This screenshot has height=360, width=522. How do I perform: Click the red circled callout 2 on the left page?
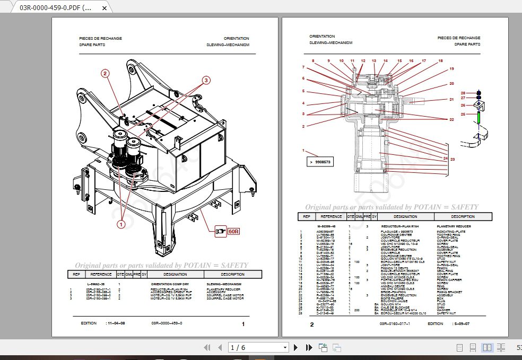pos(106,74)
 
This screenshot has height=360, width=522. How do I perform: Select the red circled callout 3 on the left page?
pos(206,80)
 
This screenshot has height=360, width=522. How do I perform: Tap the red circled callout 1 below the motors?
pos(120,224)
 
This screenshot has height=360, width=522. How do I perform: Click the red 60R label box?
pos(233,231)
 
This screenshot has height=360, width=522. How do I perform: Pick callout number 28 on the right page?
pos(463,93)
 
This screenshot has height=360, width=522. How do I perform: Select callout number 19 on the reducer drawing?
pos(451,69)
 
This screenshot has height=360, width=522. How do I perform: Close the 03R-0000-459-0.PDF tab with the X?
pos(104,8)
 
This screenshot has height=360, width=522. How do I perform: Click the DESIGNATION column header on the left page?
pos(175,274)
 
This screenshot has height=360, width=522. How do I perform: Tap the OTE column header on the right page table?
pos(351,216)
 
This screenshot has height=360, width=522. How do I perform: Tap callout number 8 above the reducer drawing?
pos(312,61)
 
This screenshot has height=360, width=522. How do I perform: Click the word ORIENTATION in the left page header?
pos(236,39)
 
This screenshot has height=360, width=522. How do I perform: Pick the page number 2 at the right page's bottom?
pos(312,324)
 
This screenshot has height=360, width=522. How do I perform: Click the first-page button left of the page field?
pos(208,347)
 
